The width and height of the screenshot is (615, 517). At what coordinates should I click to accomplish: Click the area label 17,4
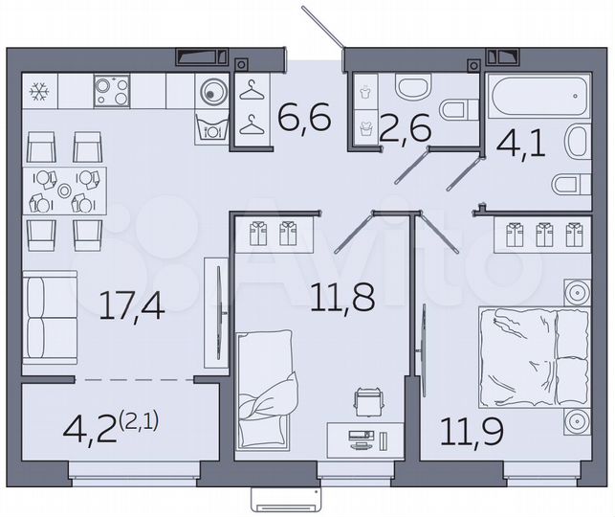pyautogui.click(x=132, y=306)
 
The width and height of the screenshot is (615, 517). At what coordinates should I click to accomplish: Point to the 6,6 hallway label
pyautogui.click(x=304, y=121)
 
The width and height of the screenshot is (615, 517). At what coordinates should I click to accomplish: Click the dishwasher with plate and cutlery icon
pyautogui.click(x=211, y=127)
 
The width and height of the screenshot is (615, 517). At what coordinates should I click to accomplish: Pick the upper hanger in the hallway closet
pyautogui.click(x=251, y=91)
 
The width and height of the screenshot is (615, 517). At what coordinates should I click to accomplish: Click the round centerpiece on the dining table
pyautogui.click(x=64, y=191)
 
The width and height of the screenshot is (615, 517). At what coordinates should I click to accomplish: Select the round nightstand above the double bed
pyautogui.click(x=577, y=291)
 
